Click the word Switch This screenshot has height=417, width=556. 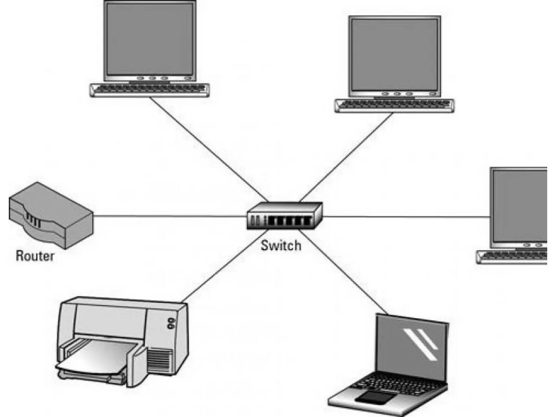tap(281, 245)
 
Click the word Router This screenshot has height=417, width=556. tap(35, 255)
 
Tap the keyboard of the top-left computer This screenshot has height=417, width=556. tap(149, 89)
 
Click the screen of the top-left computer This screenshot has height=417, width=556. tap(149, 39)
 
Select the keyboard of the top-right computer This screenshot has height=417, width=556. tap(394, 105)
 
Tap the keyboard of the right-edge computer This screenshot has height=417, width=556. tap(514, 256)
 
